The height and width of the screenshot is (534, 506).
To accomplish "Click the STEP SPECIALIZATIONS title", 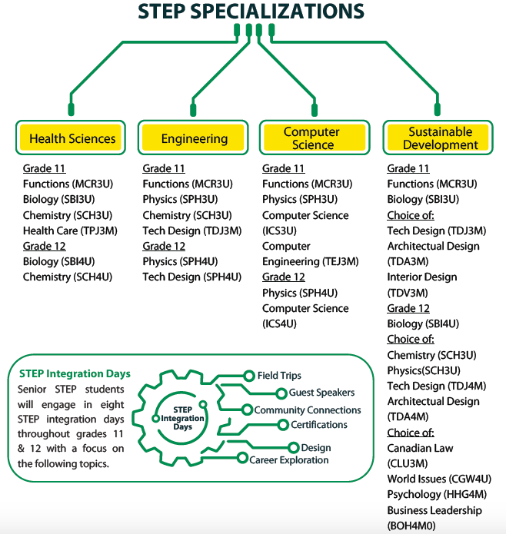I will (251, 11).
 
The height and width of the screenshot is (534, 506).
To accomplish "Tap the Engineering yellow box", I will (194, 138).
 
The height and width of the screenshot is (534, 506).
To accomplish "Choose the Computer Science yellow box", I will (311, 138).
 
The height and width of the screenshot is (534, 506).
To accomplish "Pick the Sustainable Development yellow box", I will (440, 138).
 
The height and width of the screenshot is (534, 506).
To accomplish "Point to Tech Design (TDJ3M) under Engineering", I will (191, 231).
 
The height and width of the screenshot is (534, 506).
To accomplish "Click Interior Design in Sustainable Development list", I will (421, 277).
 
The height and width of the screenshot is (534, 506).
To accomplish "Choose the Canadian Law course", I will (420, 448).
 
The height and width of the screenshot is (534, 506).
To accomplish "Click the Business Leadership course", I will (434, 510).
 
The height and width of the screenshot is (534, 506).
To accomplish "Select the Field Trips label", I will (279, 376).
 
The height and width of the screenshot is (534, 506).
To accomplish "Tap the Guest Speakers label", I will (321, 393).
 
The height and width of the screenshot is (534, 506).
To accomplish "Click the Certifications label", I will (318, 425).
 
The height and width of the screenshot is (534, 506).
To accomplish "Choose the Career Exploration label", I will (288, 460).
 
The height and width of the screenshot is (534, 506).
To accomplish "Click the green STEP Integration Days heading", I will (74, 374).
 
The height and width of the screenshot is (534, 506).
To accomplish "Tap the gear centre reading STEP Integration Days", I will (182, 418).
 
